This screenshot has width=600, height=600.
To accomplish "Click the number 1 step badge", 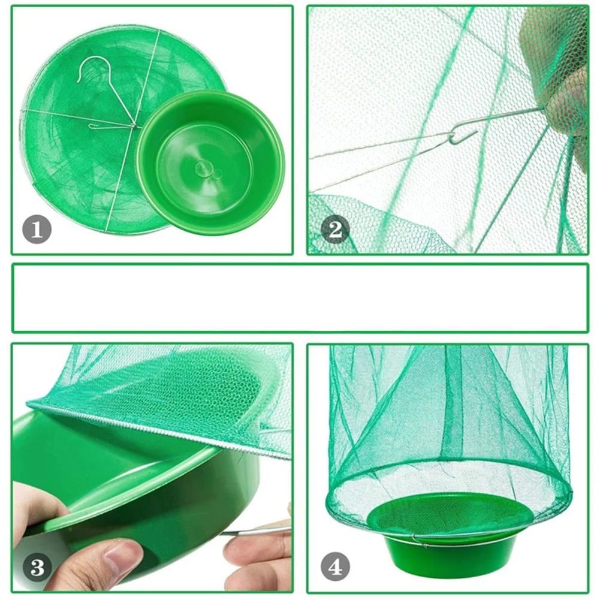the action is [37, 230].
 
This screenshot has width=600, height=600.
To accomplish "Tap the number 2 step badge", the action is [335, 230].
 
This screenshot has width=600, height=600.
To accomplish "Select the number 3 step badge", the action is [37, 567].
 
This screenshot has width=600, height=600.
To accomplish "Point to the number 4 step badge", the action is [335, 567].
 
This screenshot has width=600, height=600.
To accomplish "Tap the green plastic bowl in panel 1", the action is [211, 163].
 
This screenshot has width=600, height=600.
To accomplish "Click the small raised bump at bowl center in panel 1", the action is [203, 168].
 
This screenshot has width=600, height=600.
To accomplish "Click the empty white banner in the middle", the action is [300, 298].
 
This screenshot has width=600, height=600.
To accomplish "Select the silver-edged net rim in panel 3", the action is [157, 429].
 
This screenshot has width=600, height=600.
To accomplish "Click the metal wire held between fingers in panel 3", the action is [257, 530].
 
